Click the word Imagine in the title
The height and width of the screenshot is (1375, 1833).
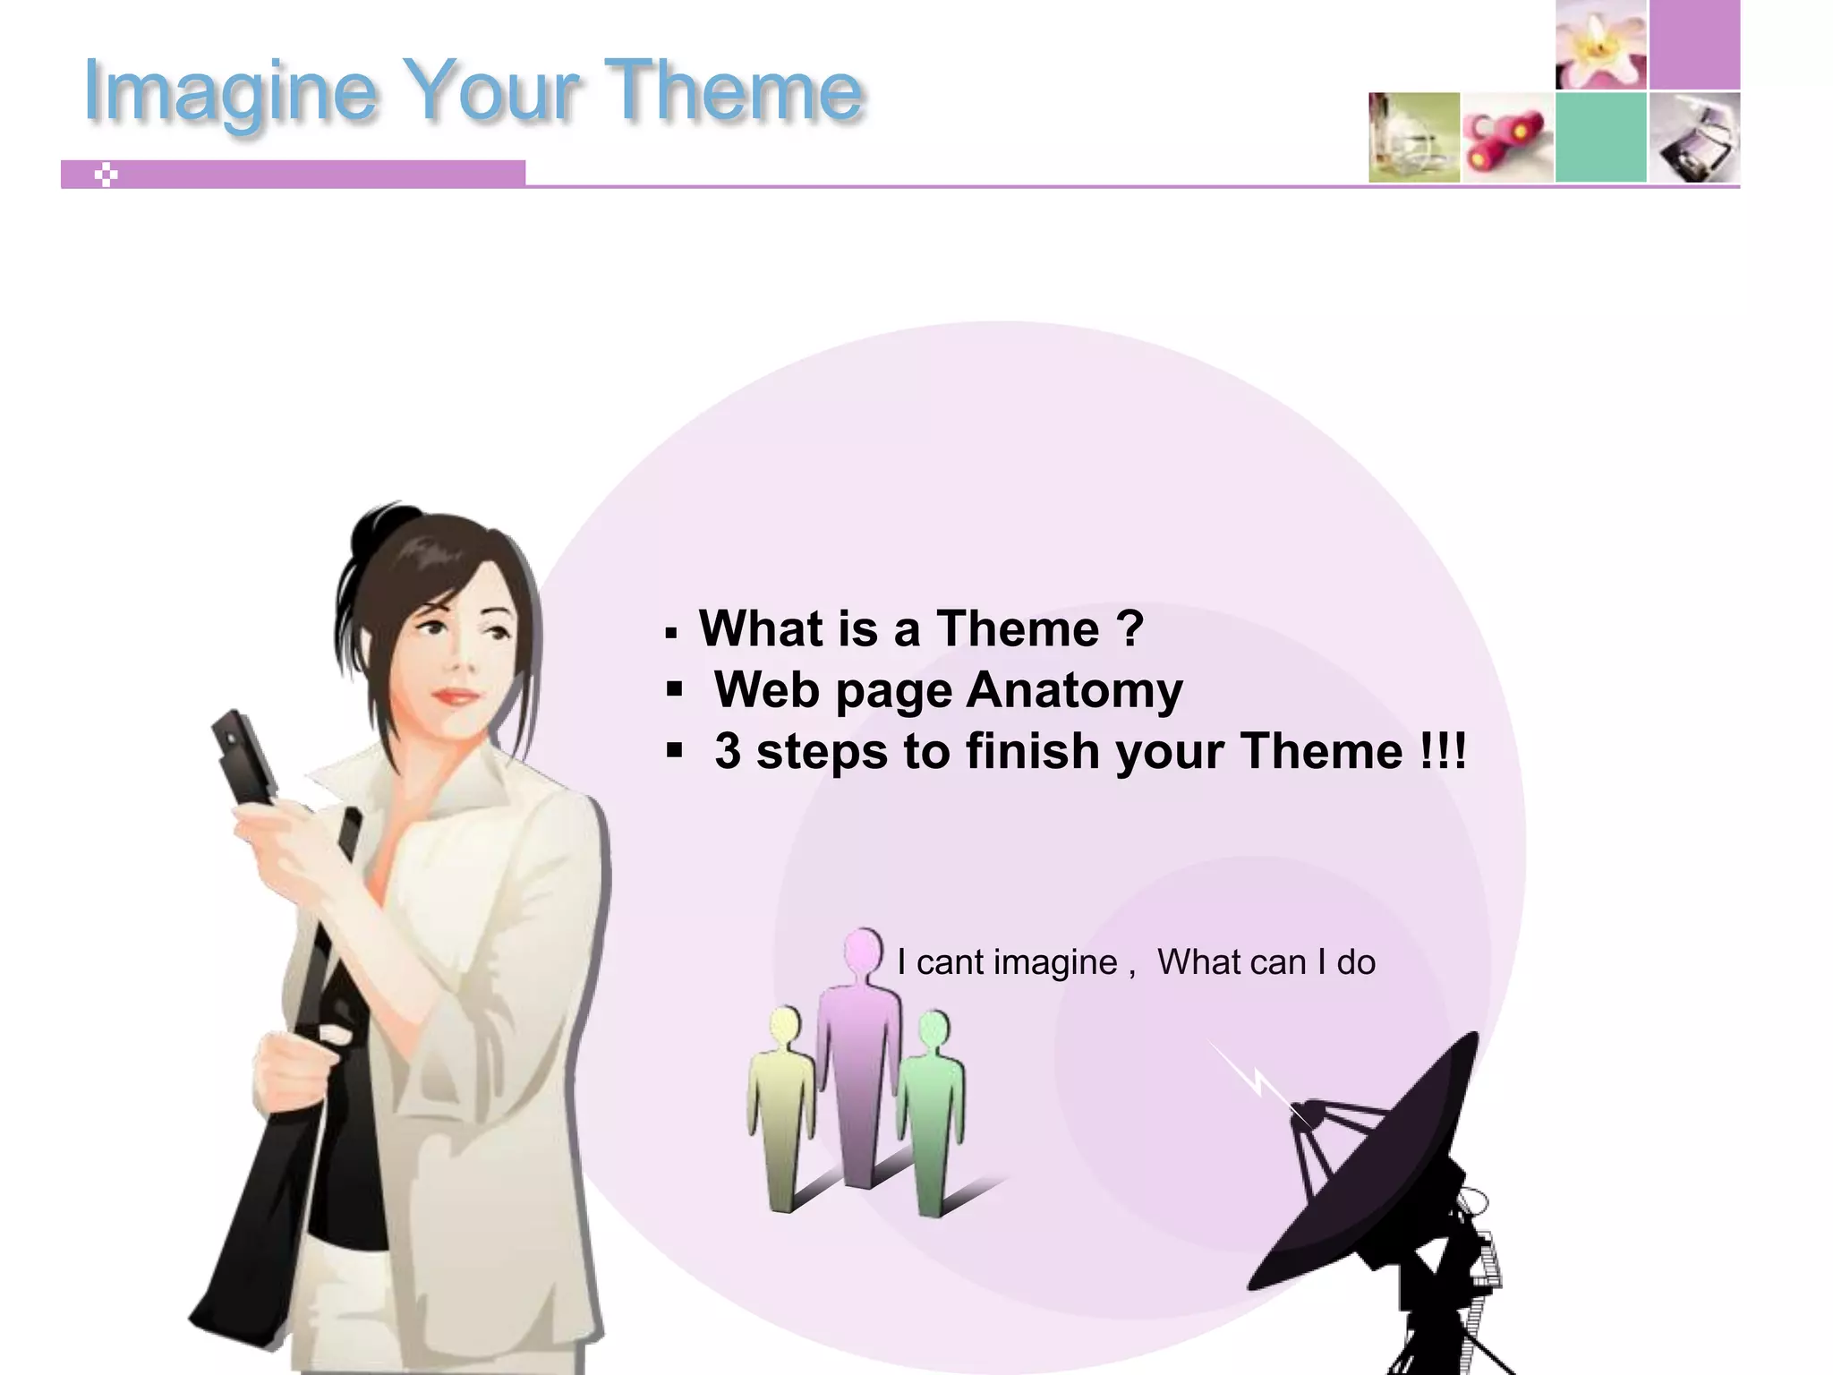tap(228, 91)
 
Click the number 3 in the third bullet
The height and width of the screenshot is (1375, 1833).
tap(728, 751)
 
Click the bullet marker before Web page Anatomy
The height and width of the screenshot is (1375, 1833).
tap(674, 690)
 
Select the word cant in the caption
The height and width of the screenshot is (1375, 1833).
tap(950, 962)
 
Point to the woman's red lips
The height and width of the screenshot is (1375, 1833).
tap(456, 696)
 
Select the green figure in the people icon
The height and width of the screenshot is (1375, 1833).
tap(931, 1110)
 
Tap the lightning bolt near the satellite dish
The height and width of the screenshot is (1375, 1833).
tap(1253, 1079)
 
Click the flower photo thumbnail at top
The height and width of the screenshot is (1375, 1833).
tap(1601, 45)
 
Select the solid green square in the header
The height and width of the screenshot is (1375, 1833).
tap(1601, 137)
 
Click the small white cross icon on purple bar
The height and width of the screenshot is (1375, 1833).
tap(106, 175)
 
